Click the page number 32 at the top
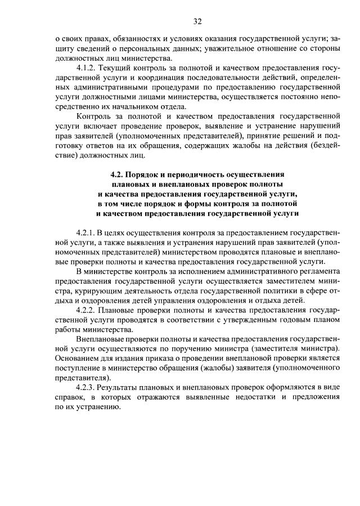197,22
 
